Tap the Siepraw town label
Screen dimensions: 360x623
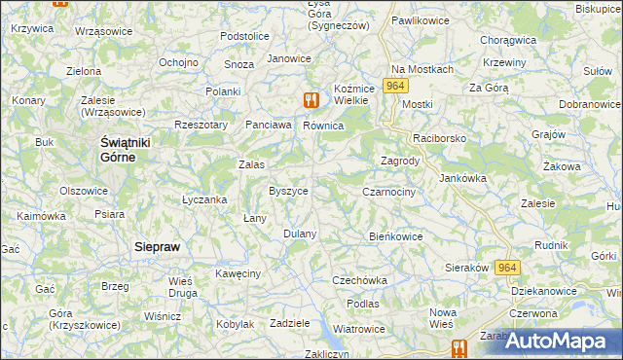(157, 247)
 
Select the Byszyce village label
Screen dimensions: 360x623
(288, 191)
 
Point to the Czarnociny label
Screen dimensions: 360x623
(388, 193)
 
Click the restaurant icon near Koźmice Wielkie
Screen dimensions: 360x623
(311, 99)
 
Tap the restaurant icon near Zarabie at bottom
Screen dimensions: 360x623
(458, 347)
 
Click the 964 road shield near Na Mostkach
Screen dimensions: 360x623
(393, 87)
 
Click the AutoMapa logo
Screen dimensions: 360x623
(561, 341)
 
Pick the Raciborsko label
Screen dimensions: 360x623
(440, 139)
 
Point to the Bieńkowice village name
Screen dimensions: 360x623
(396, 235)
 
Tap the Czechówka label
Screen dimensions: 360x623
(359, 280)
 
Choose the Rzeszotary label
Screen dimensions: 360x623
(201, 125)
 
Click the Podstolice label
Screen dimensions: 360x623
(244, 36)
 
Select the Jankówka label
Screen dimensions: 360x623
(462, 179)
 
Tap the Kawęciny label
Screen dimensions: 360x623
(238, 274)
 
